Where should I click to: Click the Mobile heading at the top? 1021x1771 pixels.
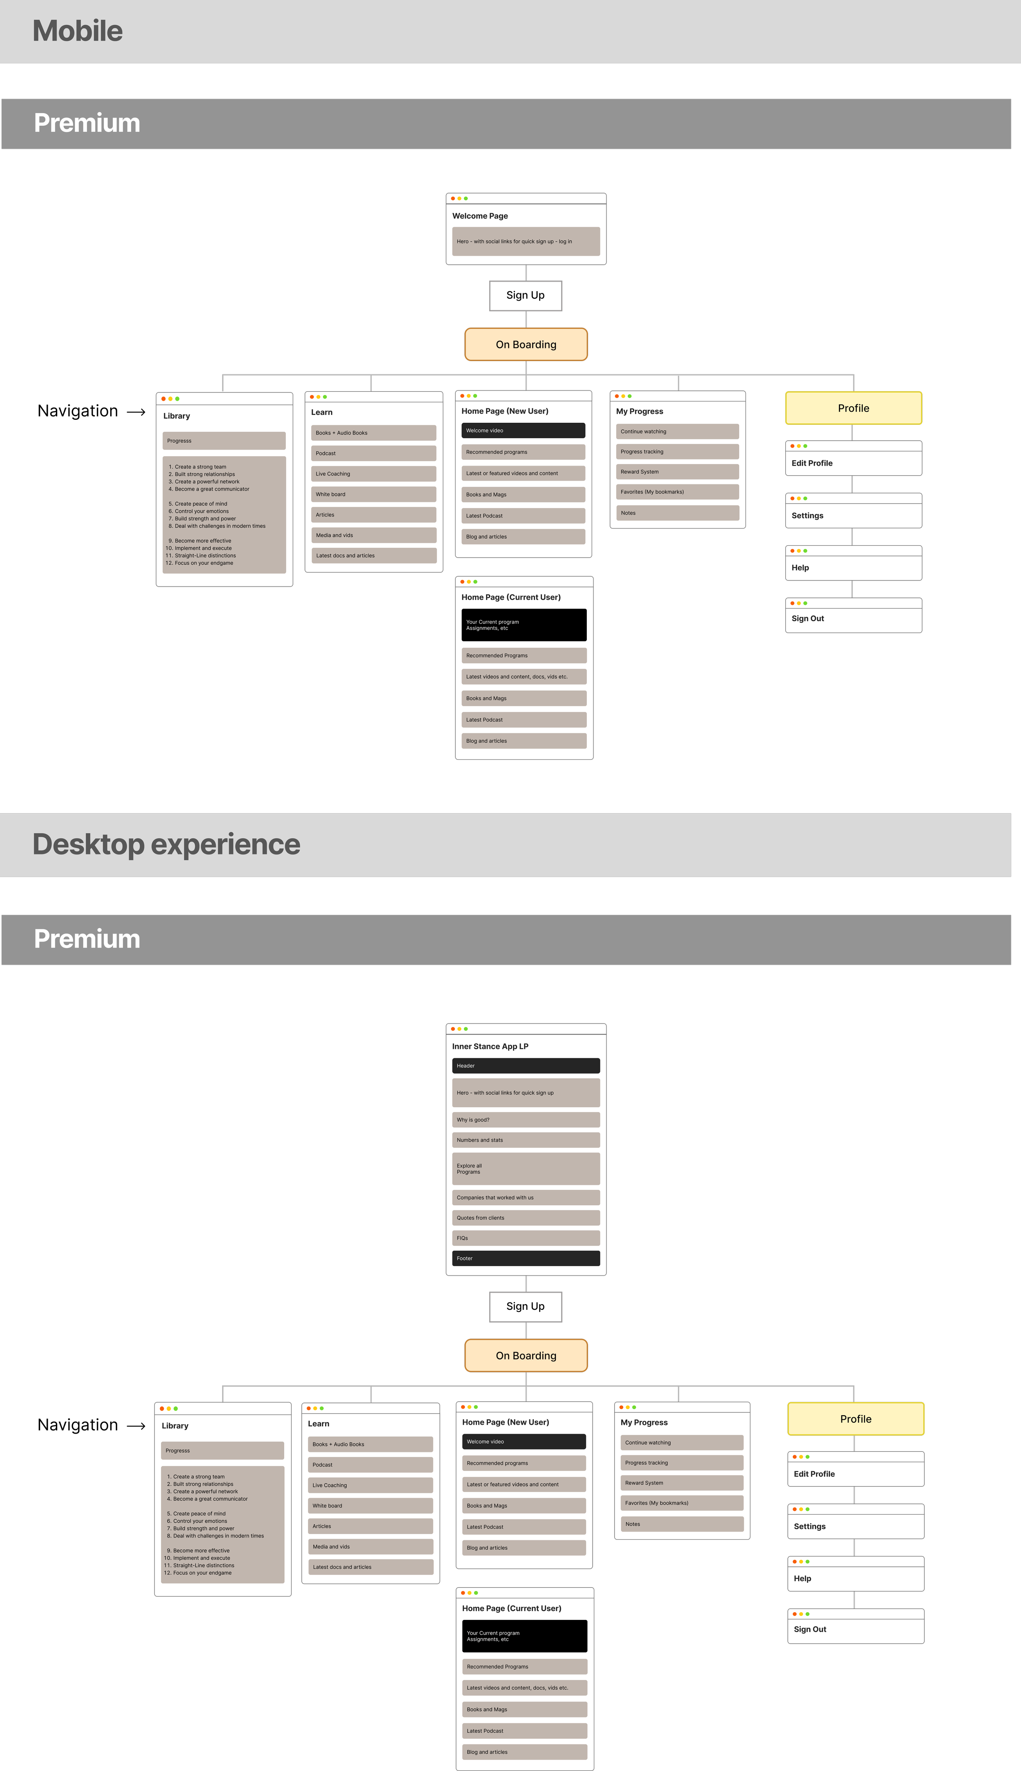pyautogui.click(x=78, y=31)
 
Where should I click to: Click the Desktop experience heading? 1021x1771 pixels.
pyautogui.click(x=166, y=844)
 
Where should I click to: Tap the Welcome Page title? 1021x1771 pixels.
pyautogui.click(x=480, y=216)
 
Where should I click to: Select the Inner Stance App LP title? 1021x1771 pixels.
pyautogui.click(x=490, y=1046)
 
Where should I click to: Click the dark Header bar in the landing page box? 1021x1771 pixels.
pyautogui.click(x=526, y=1066)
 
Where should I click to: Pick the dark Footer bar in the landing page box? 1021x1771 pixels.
pyautogui.click(x=526, y=1258)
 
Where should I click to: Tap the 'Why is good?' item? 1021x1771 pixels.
pyautogui.click(x=526, y=1120)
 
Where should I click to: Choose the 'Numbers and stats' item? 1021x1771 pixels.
pyautogui.click(x=526, y=1140)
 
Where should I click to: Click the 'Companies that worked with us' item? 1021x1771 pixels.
pyautogui.click(x=526, y=1198)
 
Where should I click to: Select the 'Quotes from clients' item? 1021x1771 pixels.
pyautogui.click(x=526, y=1218)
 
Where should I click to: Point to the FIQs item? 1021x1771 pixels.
pyautogui.click(x=526, y=1238)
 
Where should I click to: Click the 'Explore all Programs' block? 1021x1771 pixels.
pyautogui.click(x=526, y=1169)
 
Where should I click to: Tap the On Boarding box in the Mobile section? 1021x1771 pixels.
pyautogui.click(x=526, y=344)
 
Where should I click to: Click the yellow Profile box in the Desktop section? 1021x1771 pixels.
pyautogui.click(x=856, y=1419)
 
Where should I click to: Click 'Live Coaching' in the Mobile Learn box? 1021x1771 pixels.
pyautogui.click(x=374, y=474)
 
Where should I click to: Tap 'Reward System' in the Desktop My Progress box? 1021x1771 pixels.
pyautogui.click(x=682, y=1483)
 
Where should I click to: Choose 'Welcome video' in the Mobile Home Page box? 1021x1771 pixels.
pyautogui.click(x=523, y=430)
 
